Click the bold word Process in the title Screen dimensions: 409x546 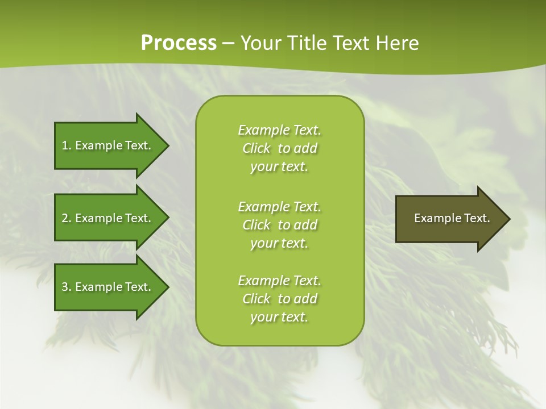pyautogui.click(x=179, y=43)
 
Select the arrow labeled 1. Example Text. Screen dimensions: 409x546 pyautogui.click(x=108, y=145)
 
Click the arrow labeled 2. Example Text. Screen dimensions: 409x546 pyautogui.click(x=108, y=218)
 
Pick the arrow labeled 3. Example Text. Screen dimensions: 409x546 pyautogui.click(x=108, y=287)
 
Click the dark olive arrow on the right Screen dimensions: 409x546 pyautogui.click(x=449, y=218)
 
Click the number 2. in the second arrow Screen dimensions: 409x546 pyautogui.click(x=67, y=218)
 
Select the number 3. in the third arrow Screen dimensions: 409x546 pyautogui.click(x=67, y=287)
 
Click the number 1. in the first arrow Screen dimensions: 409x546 pyautogui.click(x=67, y=145)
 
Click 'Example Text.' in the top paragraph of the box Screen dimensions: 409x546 pyautogui.click(x=279, y=130)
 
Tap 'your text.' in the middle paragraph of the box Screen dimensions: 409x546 pyautogui.click(x=279, y=243)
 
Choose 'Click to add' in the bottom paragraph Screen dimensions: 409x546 pyautogui.click(x=279, y=299)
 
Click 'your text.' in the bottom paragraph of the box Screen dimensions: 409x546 pyautogui.click(x=279, y=317)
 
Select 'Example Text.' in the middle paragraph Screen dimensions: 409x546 pyautogui.click(x=279, y=206)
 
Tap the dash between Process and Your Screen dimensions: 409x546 pyautogui.click(x=228, y=44)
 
